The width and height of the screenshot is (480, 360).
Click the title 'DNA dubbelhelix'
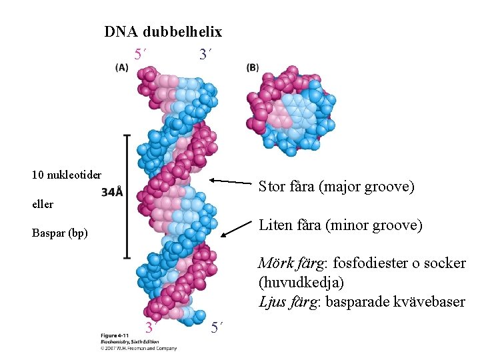(163, 31)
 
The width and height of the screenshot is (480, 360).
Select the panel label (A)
(122, 67)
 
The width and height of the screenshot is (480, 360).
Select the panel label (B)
(253, 67)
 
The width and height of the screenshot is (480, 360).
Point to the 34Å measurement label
(113, 193)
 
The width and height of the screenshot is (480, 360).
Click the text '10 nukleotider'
(67, 175)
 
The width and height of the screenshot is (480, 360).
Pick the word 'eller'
(43, 204)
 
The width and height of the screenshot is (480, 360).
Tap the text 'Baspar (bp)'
(60, 233)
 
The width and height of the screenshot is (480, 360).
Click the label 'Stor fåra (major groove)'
(336, 187)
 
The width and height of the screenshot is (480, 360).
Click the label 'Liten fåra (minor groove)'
(340, 225)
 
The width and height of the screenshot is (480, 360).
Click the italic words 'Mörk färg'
(288, 263)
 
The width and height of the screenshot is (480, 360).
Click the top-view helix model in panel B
(291, 109)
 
